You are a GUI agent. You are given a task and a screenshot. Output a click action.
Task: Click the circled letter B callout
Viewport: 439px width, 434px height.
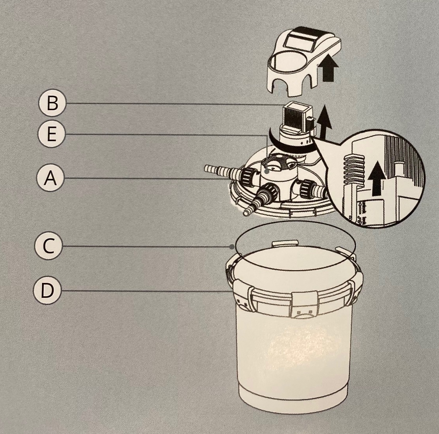(x=52, y=103)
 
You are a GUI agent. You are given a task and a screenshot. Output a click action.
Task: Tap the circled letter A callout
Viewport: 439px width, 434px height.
(x=50, y=178)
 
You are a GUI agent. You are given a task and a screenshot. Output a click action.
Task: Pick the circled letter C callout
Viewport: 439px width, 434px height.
(x=48, y=246)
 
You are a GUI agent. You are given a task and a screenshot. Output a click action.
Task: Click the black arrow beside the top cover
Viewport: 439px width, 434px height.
(x=328, y=70)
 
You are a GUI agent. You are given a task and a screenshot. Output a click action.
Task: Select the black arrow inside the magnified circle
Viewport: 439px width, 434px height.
(x=377, y=178)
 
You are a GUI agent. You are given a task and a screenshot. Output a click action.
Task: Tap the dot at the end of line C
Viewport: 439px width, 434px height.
(x=231, y=247)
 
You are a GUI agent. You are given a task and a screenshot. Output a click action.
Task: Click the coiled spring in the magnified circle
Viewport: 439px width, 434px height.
(x=352, y=169)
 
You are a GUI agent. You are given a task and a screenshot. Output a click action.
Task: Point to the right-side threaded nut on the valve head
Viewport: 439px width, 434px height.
(x=309, y=188)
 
